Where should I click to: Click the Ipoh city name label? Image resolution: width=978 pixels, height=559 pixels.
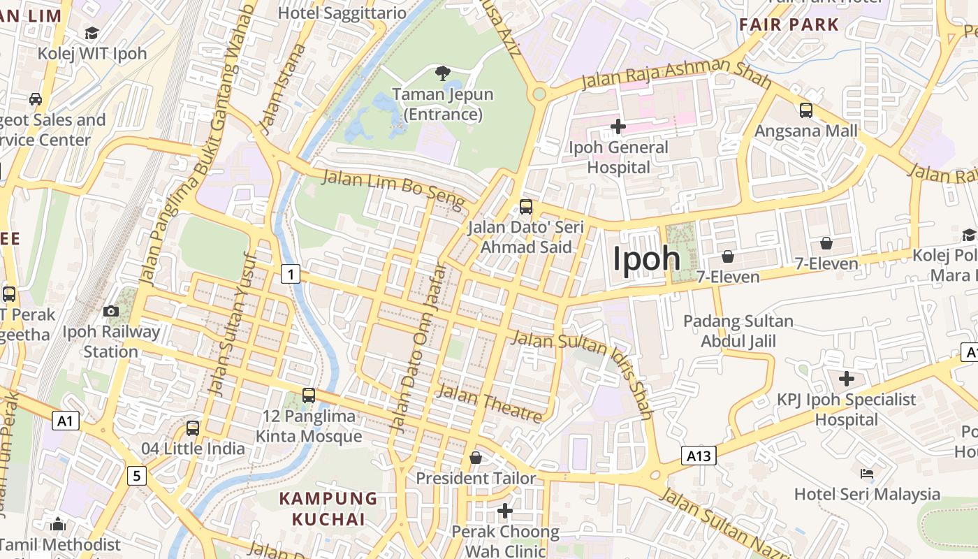point(646,259)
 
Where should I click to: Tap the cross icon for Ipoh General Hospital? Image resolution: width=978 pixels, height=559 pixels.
point(618,126)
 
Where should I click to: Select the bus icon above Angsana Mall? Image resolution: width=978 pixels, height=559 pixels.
point(806,110)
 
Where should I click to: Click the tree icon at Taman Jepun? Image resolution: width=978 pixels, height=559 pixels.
point(442,73)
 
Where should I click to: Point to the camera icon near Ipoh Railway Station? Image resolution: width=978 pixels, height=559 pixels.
point(111,311)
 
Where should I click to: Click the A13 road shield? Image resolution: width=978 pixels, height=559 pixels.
point(699,456)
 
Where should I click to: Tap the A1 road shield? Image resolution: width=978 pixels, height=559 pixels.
point(66,421)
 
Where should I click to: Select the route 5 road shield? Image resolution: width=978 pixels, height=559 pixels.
point(137,477)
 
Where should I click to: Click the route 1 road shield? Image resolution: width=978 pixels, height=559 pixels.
point(291,274)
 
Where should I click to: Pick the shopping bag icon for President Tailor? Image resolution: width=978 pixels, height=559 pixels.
point(476,458)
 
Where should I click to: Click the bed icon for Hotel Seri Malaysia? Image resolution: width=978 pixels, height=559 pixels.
point(867,474)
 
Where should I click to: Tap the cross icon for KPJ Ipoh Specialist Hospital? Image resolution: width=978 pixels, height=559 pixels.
point(847,379)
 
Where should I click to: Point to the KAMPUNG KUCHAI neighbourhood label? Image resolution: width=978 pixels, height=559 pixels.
point(328,509)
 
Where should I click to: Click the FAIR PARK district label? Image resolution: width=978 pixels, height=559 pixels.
point(789,24)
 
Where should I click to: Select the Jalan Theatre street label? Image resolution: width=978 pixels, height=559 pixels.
point(489,404)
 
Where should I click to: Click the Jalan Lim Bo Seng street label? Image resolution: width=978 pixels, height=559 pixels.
point(393,189)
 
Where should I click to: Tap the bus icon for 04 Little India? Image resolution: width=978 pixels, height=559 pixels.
point(193,428)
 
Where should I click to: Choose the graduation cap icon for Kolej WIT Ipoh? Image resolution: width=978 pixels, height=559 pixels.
point(92,33)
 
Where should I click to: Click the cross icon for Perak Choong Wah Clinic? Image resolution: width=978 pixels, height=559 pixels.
point(505,511)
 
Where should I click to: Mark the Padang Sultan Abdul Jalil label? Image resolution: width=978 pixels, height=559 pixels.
point(738,331)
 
